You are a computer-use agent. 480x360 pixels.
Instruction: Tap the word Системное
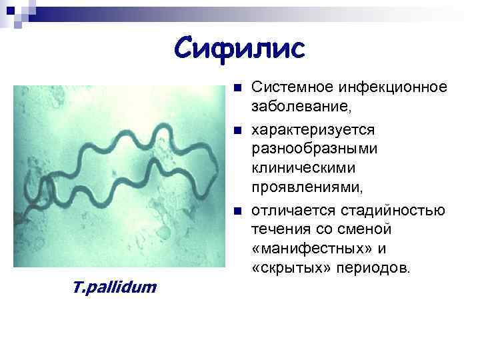coord(293,88)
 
